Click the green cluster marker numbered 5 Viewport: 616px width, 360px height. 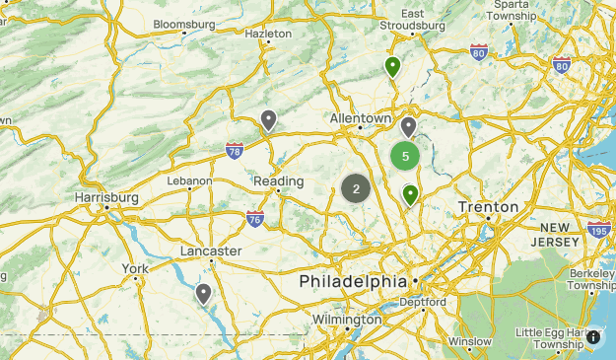[405, 156]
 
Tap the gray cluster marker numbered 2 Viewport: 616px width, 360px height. [356, 188]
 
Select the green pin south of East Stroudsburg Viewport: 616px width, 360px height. [392, 67]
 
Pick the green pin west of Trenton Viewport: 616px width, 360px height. [410, 194]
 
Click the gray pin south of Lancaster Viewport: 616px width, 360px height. [203, 293]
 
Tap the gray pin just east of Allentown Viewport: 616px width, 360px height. [408, 126]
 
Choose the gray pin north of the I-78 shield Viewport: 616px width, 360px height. [268, 120]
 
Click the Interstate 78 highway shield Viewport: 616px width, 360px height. [235, 150]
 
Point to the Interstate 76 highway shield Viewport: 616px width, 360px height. [255, 218]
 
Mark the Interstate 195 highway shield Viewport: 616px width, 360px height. [598, 230]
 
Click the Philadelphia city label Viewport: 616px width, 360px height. [353, 281]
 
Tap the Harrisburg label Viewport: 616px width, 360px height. [103, 197]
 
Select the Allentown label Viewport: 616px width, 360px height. [361, 117]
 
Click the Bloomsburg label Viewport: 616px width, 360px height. [183, 23]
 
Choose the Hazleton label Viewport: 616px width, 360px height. [269, 33]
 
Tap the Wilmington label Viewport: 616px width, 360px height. [346, 320]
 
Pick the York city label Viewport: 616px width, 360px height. [136, 268]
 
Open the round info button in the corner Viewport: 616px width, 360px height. [593, 337]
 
